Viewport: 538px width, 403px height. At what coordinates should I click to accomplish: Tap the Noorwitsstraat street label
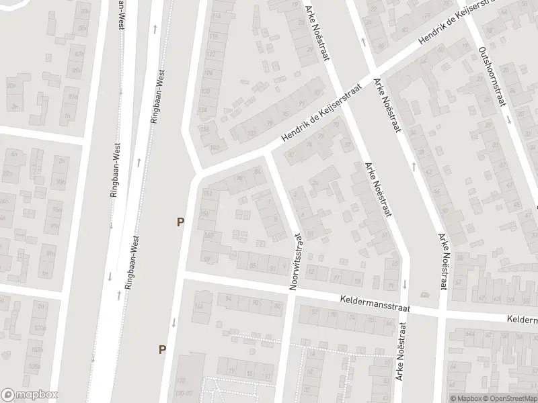[x=295, y=261]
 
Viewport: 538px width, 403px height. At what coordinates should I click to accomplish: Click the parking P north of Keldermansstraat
[x=180, y=222]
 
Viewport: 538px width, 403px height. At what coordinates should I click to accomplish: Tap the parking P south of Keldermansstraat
[x=162, y=349]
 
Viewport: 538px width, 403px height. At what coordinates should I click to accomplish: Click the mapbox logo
[x=29, y=395]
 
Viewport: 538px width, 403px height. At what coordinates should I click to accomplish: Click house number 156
[x=207, y=214]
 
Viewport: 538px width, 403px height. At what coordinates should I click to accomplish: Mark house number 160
[x=208, y=235]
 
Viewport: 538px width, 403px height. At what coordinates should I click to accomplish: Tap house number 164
[x=199, y=308]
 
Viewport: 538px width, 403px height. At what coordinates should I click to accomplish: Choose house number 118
[x=215, y=35]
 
